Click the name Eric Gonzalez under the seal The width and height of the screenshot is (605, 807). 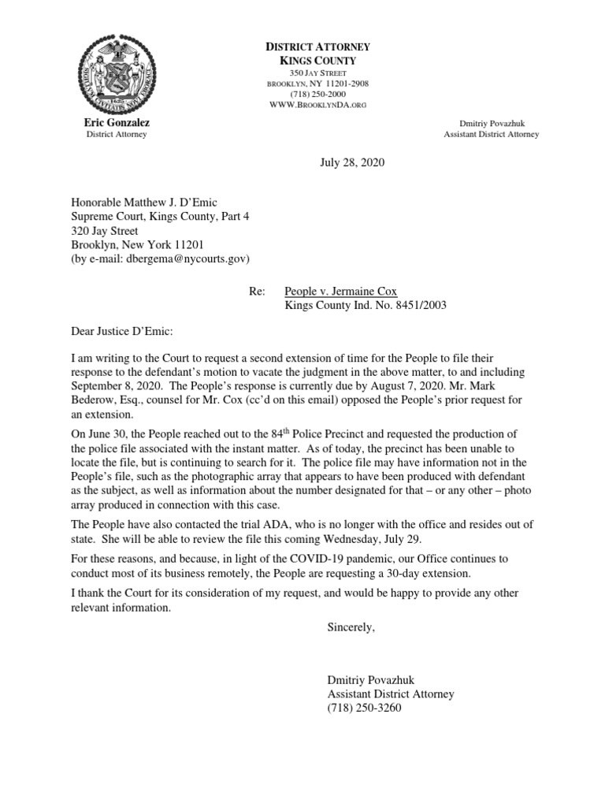pyautogui.click(x=117, y=123)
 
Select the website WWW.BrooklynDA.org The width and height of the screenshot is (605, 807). pyautogui.click(x=318, y=105)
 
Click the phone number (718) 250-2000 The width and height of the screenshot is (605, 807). pyautogui.click(x=318, y=94)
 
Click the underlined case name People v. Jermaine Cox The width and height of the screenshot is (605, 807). pyautogui.click(x=340, y=291)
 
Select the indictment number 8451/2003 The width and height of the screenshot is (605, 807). pyautogui.click(x=414, y=305)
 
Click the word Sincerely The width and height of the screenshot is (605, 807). pyautogui.click(x=351, y=627)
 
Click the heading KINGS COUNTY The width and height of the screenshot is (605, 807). pyautogui.click(x=318, y=61)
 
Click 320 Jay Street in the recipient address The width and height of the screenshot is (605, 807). pyautogui.click(x=105, y=231)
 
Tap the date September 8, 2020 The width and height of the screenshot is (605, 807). pyautogui.click(x=114, y=386)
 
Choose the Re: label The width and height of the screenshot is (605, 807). pyautogui.click(x=256, y=291)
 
